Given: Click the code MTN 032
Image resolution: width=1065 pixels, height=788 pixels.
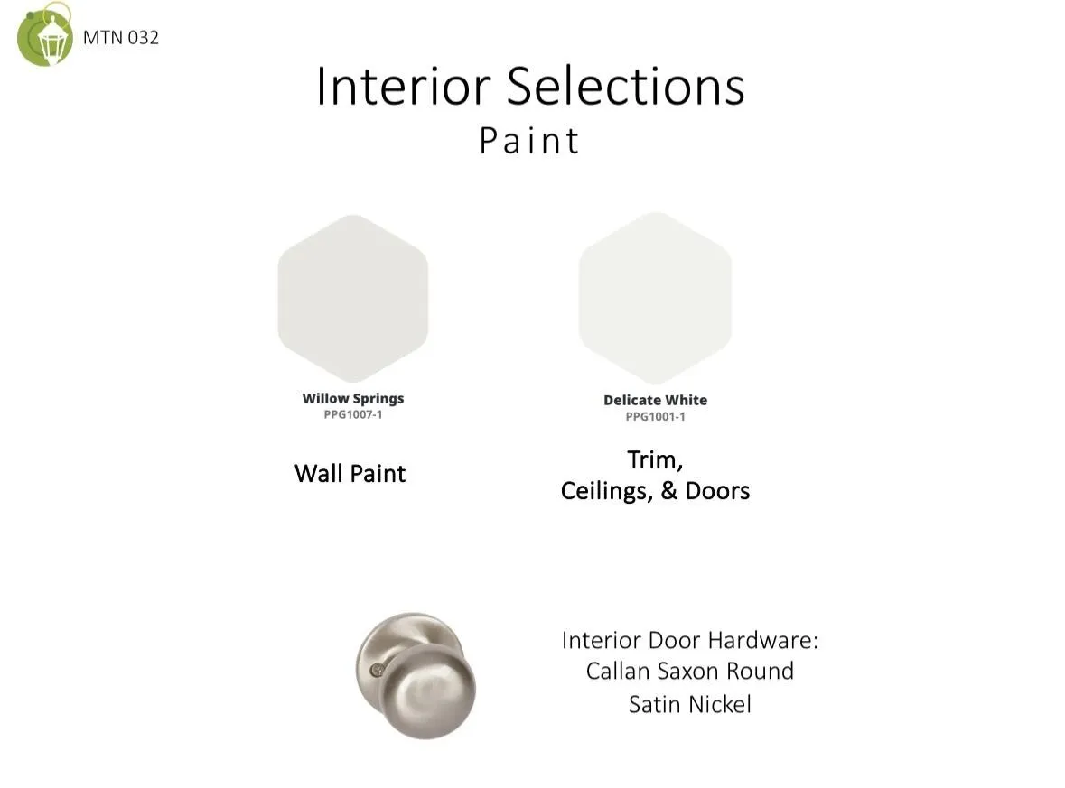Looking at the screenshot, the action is [x=121, y=37].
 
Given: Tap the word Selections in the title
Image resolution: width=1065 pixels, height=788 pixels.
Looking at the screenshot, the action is [x=626, y=86].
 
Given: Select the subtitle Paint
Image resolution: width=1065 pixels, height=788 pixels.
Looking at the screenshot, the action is [x=529, y=141].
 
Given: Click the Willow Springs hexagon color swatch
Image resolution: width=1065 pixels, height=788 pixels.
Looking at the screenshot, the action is [x=353, y=298].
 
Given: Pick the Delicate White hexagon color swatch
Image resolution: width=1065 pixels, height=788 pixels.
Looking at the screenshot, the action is [x=656, y=297].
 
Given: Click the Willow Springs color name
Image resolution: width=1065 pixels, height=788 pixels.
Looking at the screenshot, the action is [x=353, y=398].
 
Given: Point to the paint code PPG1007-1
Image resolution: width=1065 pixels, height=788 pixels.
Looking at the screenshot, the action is [x=353, y=414].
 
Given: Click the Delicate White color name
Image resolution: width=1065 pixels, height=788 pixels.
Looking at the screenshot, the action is [x=656, y=401].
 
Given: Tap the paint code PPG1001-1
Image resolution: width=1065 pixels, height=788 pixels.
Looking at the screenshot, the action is [x=656, y=417].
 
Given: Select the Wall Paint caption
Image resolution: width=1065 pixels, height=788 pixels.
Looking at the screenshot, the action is [x=350, y=473].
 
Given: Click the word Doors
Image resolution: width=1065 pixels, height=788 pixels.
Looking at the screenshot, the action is [x=717, y=491].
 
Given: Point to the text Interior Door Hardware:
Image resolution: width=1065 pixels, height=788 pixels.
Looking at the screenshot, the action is [x=690, y=640].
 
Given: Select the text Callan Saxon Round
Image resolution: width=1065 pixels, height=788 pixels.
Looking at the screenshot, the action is [x=690, y=672].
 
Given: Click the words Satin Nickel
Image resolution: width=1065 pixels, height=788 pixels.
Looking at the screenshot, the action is [x=690, y=705].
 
